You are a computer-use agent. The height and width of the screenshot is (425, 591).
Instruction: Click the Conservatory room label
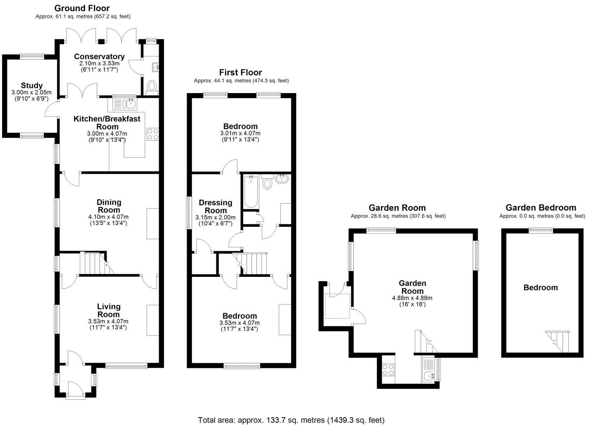pyautogui.click(x=99, y=57)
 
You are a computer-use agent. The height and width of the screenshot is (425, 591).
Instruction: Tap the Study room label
pyautogui.click(x=32, y=86)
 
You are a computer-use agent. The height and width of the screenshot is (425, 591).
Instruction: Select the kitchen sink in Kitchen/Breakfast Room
pyautogui.click(x=124, y=103)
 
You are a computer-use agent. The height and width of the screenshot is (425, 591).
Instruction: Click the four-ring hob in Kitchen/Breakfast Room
pyautogui.click(x=152, y=134)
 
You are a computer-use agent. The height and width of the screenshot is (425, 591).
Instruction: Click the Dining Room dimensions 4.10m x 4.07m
pyautogui.click(x=108, y=217)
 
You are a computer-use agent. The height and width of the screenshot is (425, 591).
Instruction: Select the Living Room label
pyautogui.click(x=108, y=310)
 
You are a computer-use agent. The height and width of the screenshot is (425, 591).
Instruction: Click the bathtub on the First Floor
pyautogui.click(x=251, y=192)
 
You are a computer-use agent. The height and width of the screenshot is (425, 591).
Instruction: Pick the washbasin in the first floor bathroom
pyautogui.click(x=282, y=179)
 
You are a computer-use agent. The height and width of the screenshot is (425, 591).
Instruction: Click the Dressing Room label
pyautogui.click(x=215, y=206)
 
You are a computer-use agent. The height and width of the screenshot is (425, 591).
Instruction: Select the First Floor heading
pyautogui.click(x=240, y=72)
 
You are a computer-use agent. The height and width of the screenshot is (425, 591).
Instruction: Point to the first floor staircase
pyautogui.click(x=254, y=264)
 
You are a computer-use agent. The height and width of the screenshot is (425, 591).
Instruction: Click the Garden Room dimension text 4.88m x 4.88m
pyautogui.click(x=412, y=298)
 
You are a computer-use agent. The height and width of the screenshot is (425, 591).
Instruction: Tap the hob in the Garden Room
pyautogui.click(x=388, y=369)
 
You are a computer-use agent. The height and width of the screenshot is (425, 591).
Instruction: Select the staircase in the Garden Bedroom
pyautogui.click(x=558, y=341)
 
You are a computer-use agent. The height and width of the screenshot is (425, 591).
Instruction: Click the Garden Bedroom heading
pyautogui.click(x=541, y=208)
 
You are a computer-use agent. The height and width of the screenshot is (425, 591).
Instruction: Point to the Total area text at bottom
pyautogui.click(x=291, y=420)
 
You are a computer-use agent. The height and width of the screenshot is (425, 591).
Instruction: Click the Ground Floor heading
pyautogui.click(x=82, y=8)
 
